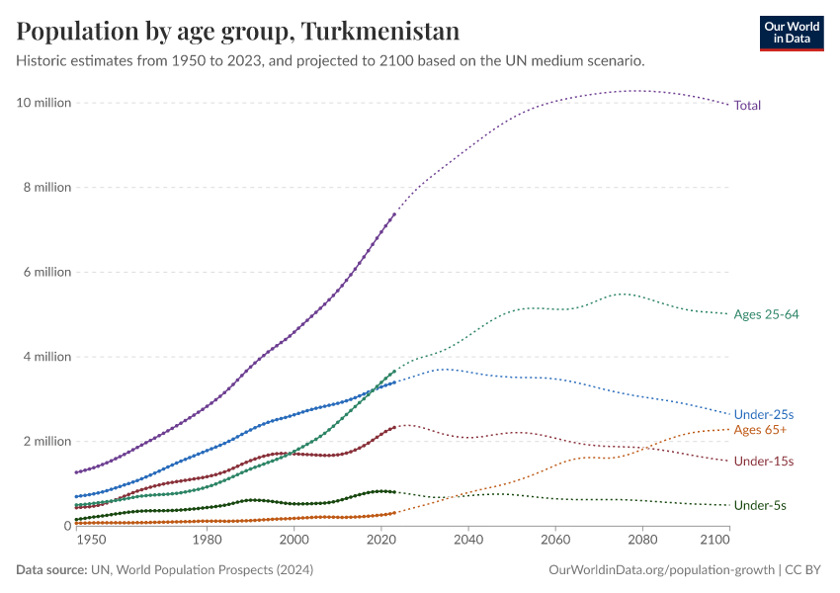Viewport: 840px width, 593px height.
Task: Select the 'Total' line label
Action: point(747,105)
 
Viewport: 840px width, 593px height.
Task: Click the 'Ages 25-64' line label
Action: point(766,314)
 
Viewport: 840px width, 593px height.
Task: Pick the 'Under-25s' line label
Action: point(764,414)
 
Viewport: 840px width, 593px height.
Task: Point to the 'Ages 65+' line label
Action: point(759,430)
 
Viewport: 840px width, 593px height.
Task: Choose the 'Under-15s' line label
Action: point(764,462)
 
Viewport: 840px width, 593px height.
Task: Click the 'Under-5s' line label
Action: point(760,506)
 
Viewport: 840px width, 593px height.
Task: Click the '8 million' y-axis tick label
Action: point(47,187)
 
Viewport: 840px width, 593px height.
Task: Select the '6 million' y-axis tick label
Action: point(47,272)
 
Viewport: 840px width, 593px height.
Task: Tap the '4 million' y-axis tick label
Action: point(47,357)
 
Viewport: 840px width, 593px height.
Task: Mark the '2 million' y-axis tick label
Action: point(47,442)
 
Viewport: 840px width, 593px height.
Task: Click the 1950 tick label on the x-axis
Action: point(90,542)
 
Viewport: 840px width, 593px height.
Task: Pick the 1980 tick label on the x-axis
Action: point(207,542)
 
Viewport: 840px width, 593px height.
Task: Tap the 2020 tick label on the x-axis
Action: point(381,542)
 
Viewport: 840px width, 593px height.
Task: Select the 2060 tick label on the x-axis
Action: point(555,542)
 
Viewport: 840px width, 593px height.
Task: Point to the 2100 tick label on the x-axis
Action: point(714,542)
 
